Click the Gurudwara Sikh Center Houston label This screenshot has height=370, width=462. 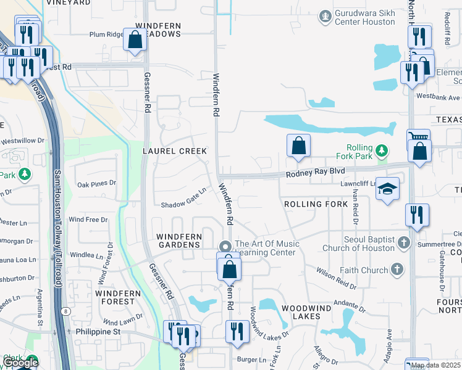pyautogui.click(x=364, y=18)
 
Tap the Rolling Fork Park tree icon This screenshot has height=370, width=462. pyautogui.click(x=382, y=150)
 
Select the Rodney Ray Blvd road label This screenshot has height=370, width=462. pyautogui.click(x=314, y=175)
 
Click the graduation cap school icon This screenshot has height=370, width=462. pyautogui.click(x=388, y=189)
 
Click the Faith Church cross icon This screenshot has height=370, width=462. pyautogui.click(x=397, y=269)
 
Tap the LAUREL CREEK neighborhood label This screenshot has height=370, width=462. pyautogui.click(x=175, y=151)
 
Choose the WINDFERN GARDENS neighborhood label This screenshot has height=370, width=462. pyautogui.click(x=178, y=240)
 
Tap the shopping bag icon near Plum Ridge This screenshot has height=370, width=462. pyautogui.click(x=135, y=41)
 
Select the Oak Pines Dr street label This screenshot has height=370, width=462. pyautogui.click(x=96, y=183)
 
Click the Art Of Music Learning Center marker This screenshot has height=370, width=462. pyautogui.click(x=225, y=245)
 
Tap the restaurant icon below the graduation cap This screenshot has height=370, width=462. pyautogui.click(x=417, y=215)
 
